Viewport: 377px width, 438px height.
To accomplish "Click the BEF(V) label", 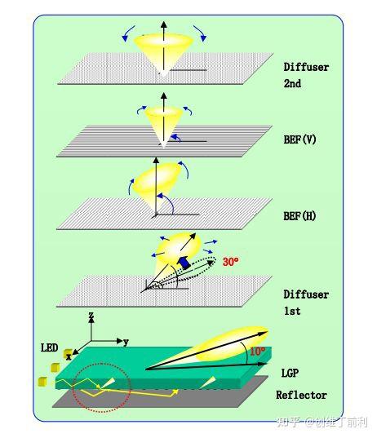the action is point(299,139).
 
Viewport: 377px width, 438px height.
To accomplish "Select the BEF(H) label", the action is point(299,216).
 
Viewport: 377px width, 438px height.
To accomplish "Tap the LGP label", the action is point(290,373).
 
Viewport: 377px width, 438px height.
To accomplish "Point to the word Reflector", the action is point(301,395).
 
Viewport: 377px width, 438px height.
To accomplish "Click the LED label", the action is point(50,347).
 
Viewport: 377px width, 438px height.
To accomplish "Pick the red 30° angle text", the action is point(231,262).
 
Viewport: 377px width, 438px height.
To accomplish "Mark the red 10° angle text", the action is point(257,351).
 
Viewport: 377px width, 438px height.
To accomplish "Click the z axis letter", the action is point(91,316).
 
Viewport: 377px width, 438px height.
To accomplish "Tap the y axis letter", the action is point(126,342).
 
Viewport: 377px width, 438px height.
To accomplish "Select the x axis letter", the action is point(69,356).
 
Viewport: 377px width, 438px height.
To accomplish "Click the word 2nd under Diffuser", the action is point(292,83).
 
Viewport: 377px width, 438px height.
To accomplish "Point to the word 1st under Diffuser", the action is point(292,311).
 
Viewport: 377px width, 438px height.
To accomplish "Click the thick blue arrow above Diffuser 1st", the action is point(184,263).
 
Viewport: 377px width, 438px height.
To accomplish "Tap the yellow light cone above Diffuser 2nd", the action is point(163,51).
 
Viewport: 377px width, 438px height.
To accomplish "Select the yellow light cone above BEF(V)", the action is point(163,123).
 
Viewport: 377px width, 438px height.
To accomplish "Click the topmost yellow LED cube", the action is point(68,354).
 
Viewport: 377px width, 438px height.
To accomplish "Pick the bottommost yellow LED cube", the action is point(42,382).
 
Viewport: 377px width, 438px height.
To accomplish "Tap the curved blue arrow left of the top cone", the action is point(128,33).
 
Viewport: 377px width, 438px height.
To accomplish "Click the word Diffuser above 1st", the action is point(306,294).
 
